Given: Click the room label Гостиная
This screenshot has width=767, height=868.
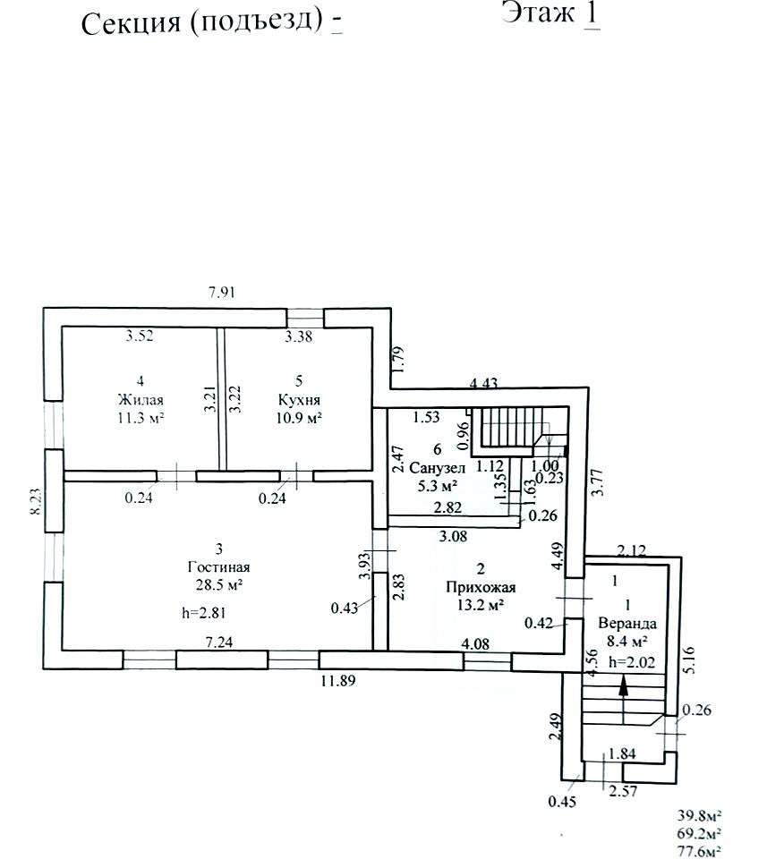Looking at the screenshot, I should click(x=218, y=566).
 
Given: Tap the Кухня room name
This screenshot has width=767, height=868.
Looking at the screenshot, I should click(x=299, y=400).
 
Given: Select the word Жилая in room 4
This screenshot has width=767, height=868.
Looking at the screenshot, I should click(x=137, y=400).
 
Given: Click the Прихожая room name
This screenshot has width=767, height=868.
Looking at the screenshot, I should click(x=482, y=587).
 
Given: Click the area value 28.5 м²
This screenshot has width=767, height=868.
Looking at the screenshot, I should click(x=218, y=584).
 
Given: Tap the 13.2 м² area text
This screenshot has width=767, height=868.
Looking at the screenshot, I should click(x=482, y=605).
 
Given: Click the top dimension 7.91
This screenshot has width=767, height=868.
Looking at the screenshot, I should click(x=223, y=291).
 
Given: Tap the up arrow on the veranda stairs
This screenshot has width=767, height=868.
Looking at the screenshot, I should click(x=624, y=686).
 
